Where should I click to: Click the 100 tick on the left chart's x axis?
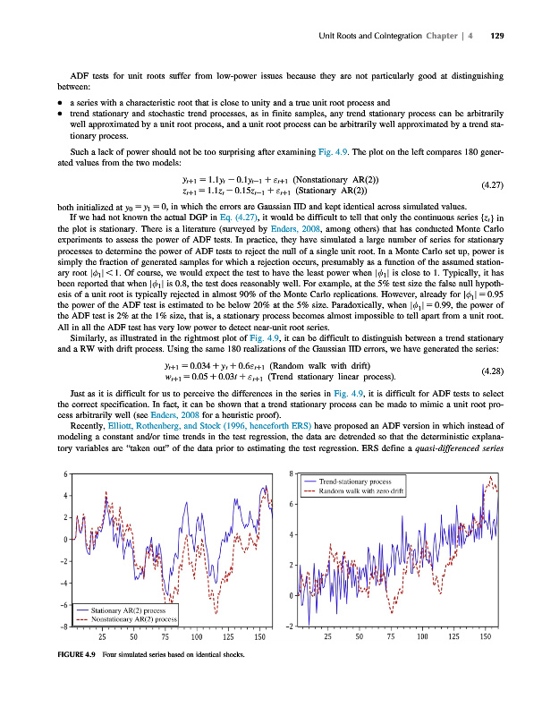pyautogui.click(x=196, y=636)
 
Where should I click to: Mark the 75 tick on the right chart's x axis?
pyautogui.click(x=391, y=636)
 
